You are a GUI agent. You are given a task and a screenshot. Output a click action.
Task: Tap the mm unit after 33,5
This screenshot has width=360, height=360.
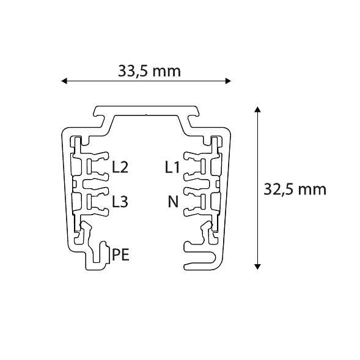166,71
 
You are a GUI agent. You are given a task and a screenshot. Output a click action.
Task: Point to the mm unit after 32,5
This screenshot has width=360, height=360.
311,189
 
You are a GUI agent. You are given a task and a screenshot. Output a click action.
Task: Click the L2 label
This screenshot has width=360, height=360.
120,166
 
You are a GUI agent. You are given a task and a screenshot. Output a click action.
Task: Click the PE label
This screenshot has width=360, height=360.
120,254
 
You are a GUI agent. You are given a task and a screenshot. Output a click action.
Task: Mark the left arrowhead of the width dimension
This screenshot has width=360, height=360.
64,80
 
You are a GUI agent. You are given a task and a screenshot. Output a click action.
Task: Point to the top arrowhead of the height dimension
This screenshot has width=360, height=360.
258,109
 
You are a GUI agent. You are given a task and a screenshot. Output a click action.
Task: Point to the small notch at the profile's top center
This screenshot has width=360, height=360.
147,115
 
